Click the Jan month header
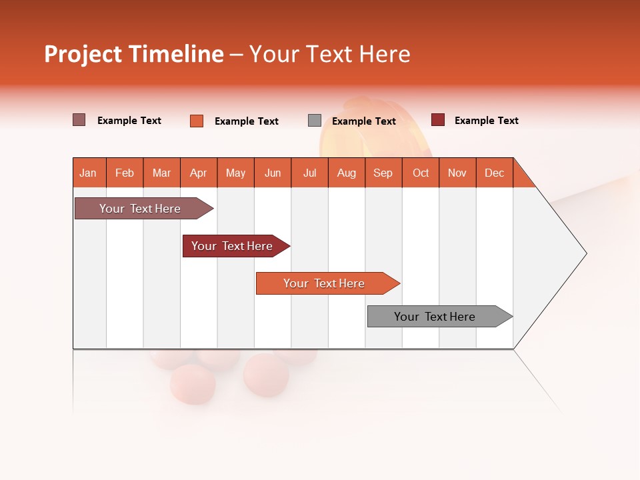[x=88, y=173]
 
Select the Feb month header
[x=125, y=173]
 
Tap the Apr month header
[x=199, y=173]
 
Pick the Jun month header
[x=273, y=173]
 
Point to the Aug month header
[x=347, y=173]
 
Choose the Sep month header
[x=383, y=173]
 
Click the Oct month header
[x=421, y=173]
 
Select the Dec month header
[x=495, y=173]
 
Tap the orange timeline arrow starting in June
[x=325, y=283]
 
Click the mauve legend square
[x=79, y=120]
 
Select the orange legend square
[x=197, y=121]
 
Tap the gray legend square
[x=315, y=121]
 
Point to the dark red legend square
[x=438, y=120]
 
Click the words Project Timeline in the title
[x=134, y=54]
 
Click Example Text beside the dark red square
[x=486, y=121]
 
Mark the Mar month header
[x=161, y=173]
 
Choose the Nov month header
[x=457, y=173]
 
